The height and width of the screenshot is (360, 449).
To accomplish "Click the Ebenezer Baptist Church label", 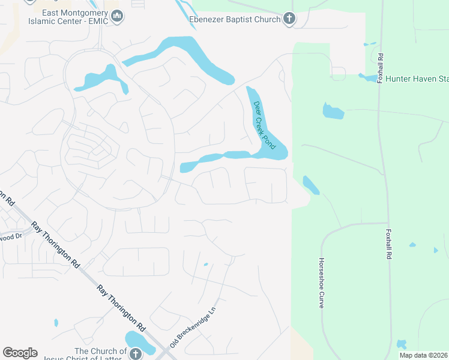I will coord(234,19).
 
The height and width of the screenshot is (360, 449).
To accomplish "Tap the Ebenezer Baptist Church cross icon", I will coord(289,19).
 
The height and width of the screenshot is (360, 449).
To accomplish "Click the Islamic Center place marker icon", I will coord(118,17).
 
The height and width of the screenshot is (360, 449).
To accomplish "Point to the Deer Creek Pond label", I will coord(262,125).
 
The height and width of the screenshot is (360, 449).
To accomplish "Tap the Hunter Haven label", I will coord(417,79).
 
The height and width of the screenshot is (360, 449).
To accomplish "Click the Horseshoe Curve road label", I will coord(322,283).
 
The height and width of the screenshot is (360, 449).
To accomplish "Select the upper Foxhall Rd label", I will coord(381,69).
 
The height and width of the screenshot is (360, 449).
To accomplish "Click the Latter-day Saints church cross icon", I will coord(135,353).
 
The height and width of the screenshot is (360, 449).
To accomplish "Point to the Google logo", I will coord(20,353).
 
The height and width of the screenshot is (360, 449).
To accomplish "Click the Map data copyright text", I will coord(424,355).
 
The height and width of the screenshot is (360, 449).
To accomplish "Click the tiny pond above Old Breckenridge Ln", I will coord(205,264).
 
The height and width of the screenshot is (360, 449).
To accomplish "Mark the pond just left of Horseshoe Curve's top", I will coord(311,184).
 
